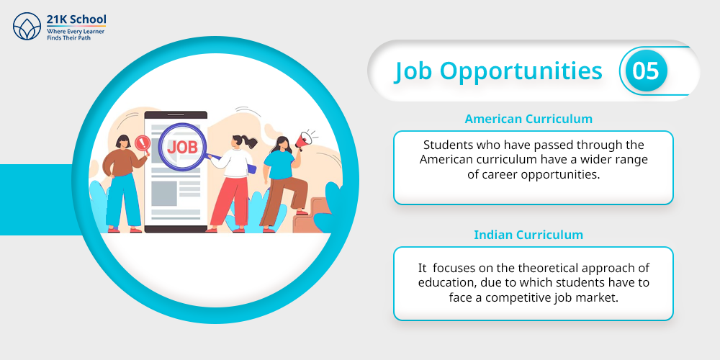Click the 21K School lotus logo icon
(27, 26)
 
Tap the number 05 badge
(646, 71)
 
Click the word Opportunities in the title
(521, 72)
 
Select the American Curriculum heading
(528, 119)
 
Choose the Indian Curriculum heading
(528, 235)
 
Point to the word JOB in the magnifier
(182, 147)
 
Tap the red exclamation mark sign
(142, 142)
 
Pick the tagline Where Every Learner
(76, 31)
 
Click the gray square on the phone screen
(164, 193)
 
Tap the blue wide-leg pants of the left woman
(123, 200)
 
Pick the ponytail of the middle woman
(250, 142)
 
